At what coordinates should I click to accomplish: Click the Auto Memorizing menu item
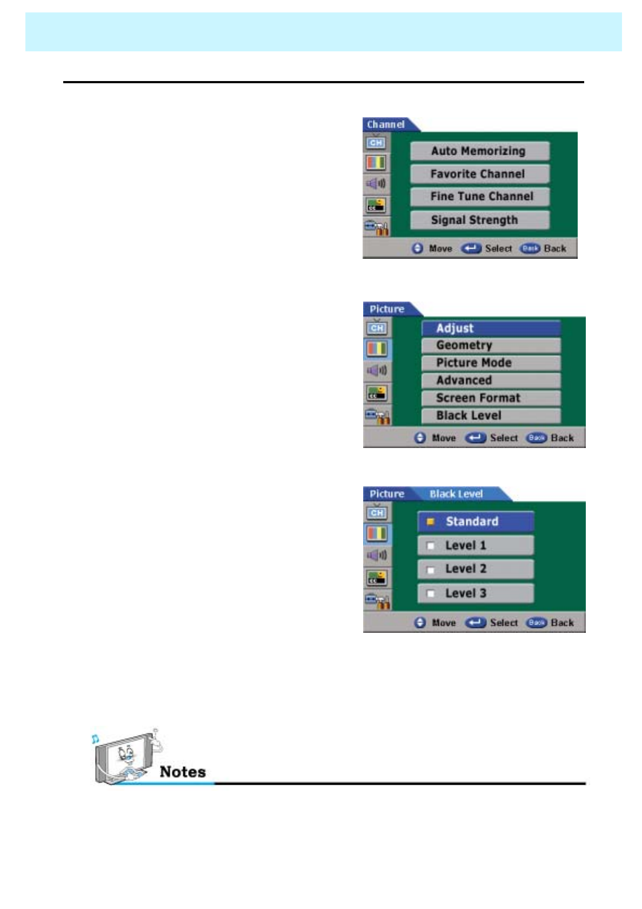pyautogui.click(x=479, y=151)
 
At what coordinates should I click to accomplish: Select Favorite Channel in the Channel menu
pyautogui.click(x=479, y=174)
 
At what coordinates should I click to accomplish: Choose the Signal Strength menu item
pyautogui.click(x=479, y=220)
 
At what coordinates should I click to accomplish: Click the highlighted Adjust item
pyautogui.click(x=490, y=328)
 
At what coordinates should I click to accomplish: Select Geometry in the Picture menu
pyautogui.click(x=490, y=345)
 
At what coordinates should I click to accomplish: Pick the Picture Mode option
pyautogui.click(x=490, y=363)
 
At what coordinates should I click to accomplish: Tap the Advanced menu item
pyautogui.click(x=490, y=380)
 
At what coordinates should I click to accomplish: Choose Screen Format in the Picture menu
pyautogui.click(x=490, y=398)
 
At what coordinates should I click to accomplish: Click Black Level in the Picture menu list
pyautogui.click(x=490, y=416)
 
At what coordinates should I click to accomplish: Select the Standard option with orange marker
pyautogui.click(x=475, y=522)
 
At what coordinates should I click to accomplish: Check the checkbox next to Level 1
pyautogui.click(x=431, y=546)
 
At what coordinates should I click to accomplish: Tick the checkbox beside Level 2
pyautogui.click(x=431, y=570)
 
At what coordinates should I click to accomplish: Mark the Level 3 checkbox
pyautogui.click(x=431, y=593)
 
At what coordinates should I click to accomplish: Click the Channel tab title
pyautogui.click(x=386, y=125)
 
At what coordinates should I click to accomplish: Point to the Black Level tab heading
pyautogui.click(x=456, y=494)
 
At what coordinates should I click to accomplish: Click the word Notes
pyautogui.click(x=183, y=772)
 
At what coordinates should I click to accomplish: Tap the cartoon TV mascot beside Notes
pyautogui.click(x=125, y=757)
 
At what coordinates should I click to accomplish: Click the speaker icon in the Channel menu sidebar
pyautogui.click(x=376, y=184)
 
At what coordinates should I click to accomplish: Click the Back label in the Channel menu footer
pyautogui.click(x=555, y=249)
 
